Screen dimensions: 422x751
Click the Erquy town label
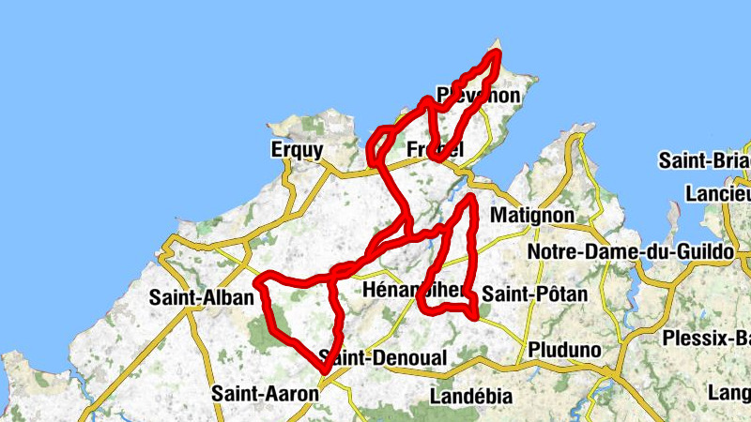tap(296, 150)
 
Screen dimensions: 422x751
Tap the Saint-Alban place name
tap(202, 298)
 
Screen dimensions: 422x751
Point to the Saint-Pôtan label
tap(534, 294)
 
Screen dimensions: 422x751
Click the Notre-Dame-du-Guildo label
tap(622, 253)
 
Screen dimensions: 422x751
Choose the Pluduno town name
tap(564, 350)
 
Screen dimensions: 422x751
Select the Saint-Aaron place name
tap(266, 394)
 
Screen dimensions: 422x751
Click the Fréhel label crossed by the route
tap(437, 149)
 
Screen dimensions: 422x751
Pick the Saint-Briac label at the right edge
tap(704, 160)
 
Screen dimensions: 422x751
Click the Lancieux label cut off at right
tap(718, 193)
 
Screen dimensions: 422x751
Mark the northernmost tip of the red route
tap(497, 53)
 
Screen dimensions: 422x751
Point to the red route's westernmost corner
tap(259, 279)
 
